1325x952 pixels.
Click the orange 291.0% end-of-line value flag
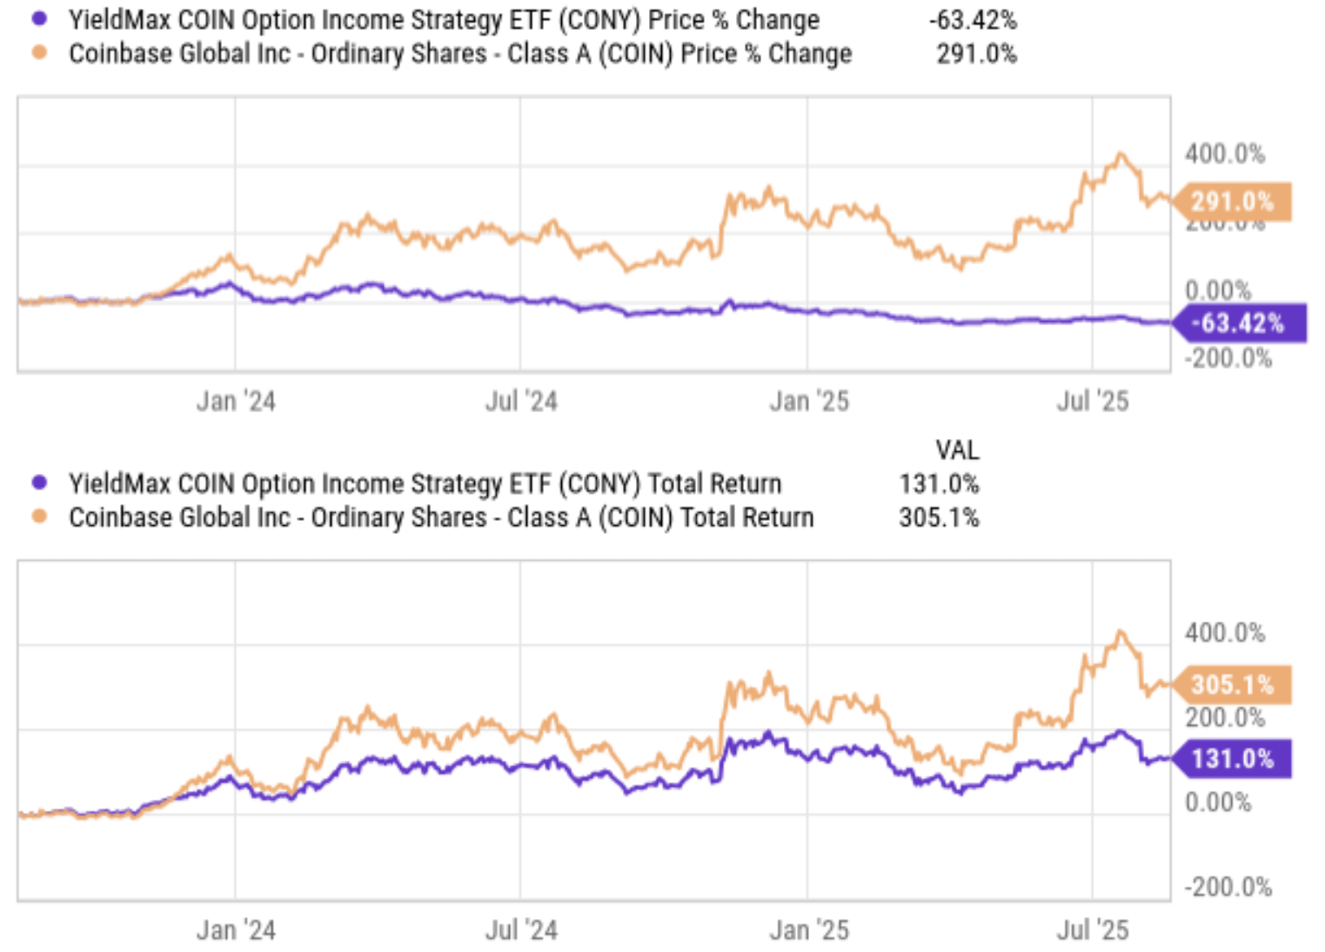pos(1232,202)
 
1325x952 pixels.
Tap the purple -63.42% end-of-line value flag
pos(1239,323)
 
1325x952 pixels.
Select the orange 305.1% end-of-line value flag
pos(1232,684)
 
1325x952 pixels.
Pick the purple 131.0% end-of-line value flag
pos(1232,758)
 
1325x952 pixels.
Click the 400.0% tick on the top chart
pos(1224,154)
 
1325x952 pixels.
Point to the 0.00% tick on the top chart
pos(1217,290)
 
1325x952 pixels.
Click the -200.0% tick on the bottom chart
pos(1228,887)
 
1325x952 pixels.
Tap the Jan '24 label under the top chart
pos(236,401)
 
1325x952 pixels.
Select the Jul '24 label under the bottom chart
pos(521,930)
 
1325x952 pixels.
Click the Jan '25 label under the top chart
pos(808,401)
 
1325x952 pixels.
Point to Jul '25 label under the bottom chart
pos(1093,930)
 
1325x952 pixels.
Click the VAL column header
pos(957,449)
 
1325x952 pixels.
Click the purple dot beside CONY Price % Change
pos(39,18)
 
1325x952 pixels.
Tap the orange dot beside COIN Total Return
pos(39,516)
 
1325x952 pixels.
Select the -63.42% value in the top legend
pos(973,19)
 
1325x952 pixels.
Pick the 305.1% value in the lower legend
pos(939,517)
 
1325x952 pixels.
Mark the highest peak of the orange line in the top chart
pos(1121,155)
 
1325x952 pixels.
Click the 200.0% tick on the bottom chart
pos(1224,717)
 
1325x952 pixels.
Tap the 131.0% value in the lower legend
pos(939,483)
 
